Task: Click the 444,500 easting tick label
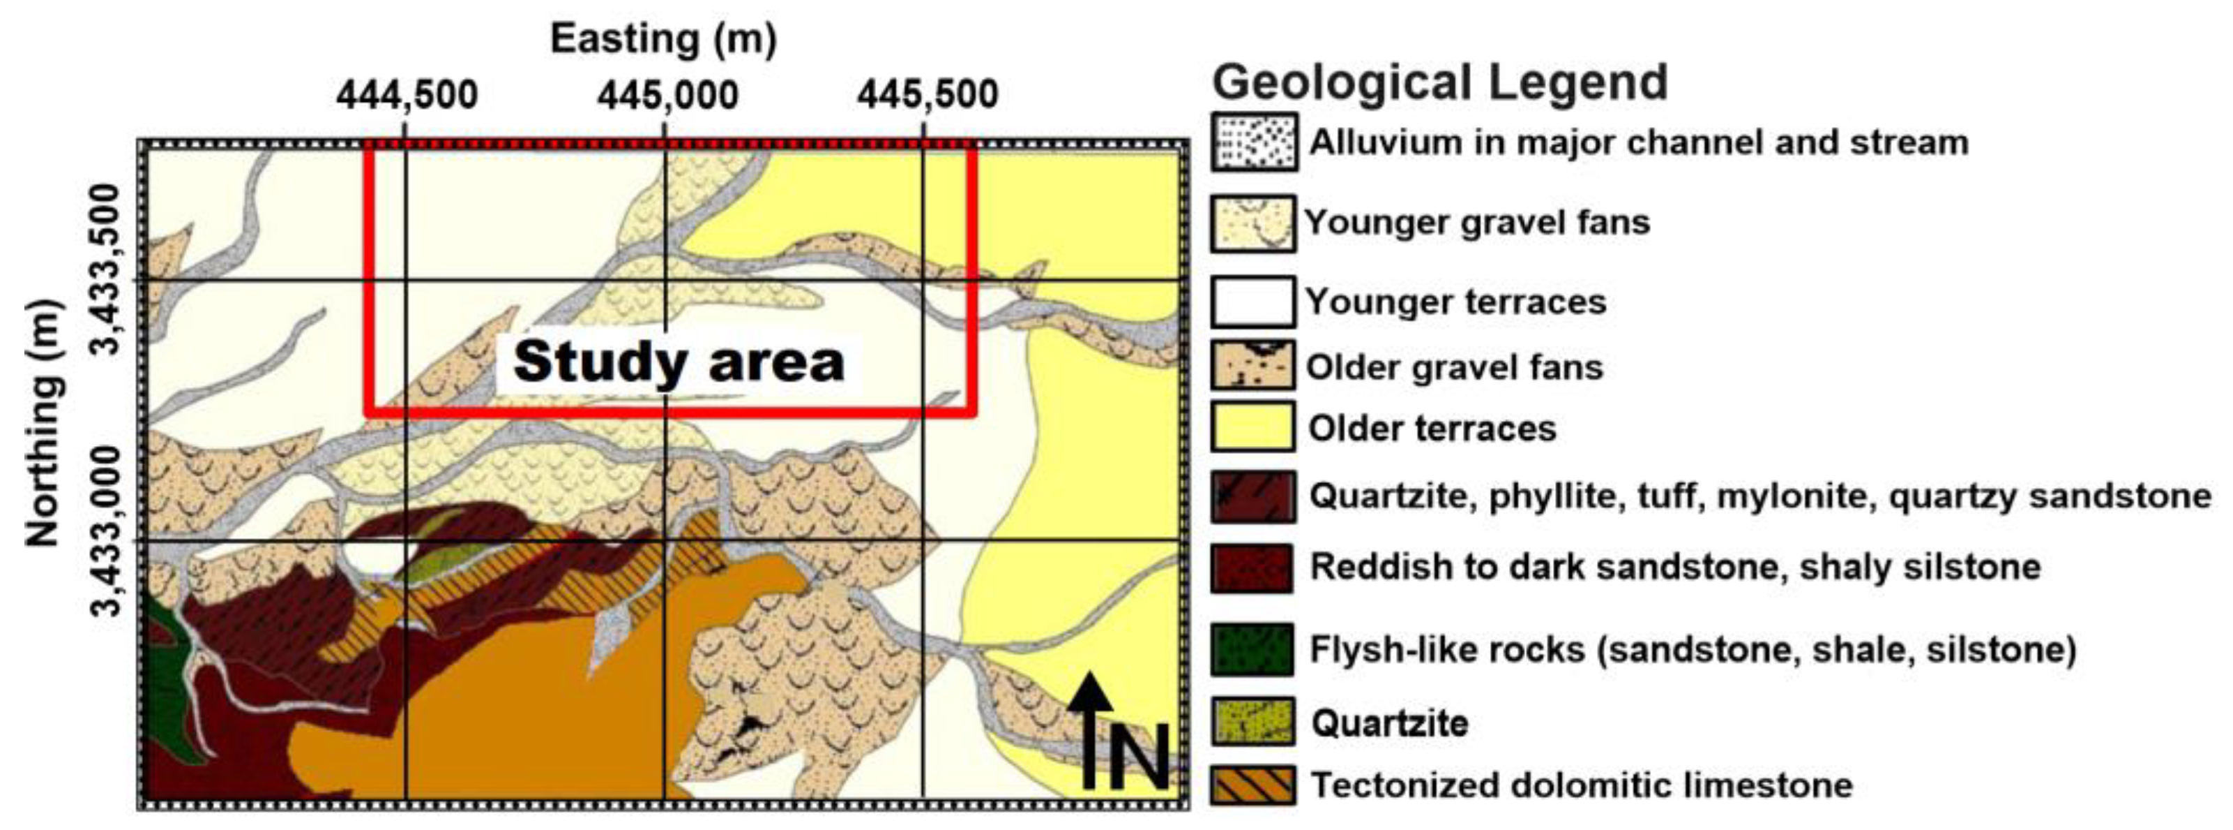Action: pos(407,94)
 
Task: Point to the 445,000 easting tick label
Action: pos(667,94)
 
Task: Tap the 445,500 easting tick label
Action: pos(928,94)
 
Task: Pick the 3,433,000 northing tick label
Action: pos(107,531)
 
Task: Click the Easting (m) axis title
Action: pos(663,40)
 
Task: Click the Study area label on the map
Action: pos(679,362)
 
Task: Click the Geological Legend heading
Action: pos(1439,82)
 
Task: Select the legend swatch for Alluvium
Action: pos(1253,142)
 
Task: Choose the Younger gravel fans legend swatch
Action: pos(1253,224)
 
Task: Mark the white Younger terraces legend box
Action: pos(1253,302)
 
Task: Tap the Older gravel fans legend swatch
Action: pos(1253,365)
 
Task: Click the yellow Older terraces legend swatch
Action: pos(1253,427)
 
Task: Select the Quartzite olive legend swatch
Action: pos(1253,722)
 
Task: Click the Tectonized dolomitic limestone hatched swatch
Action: pos(1253,785)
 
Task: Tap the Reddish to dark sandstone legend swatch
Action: pos(1253,568)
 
